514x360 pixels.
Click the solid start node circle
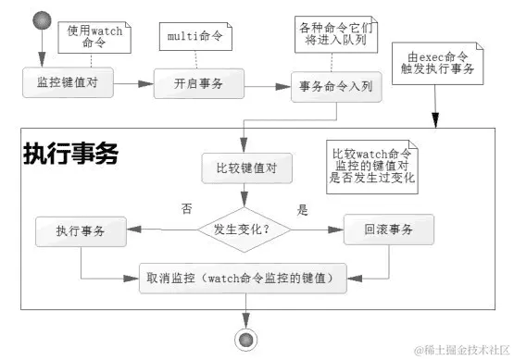click(42, 20)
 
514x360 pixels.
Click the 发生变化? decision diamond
click(244, 228)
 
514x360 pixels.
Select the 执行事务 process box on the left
click(81, 230)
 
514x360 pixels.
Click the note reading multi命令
click(195, 37)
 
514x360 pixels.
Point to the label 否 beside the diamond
click(186, 209)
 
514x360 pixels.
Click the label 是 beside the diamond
click(301, 210)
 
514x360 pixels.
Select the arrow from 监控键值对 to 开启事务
click(130, 83)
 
